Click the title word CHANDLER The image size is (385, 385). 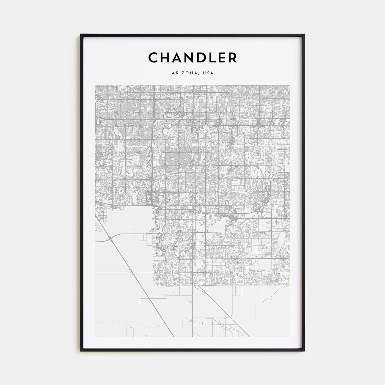pos(193,58)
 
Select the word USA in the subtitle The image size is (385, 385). pos(208,73)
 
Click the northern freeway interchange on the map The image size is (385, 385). pos(153,119)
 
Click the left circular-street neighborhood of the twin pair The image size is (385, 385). pos(159,281)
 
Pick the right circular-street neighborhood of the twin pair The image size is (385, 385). pos(173,281)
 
